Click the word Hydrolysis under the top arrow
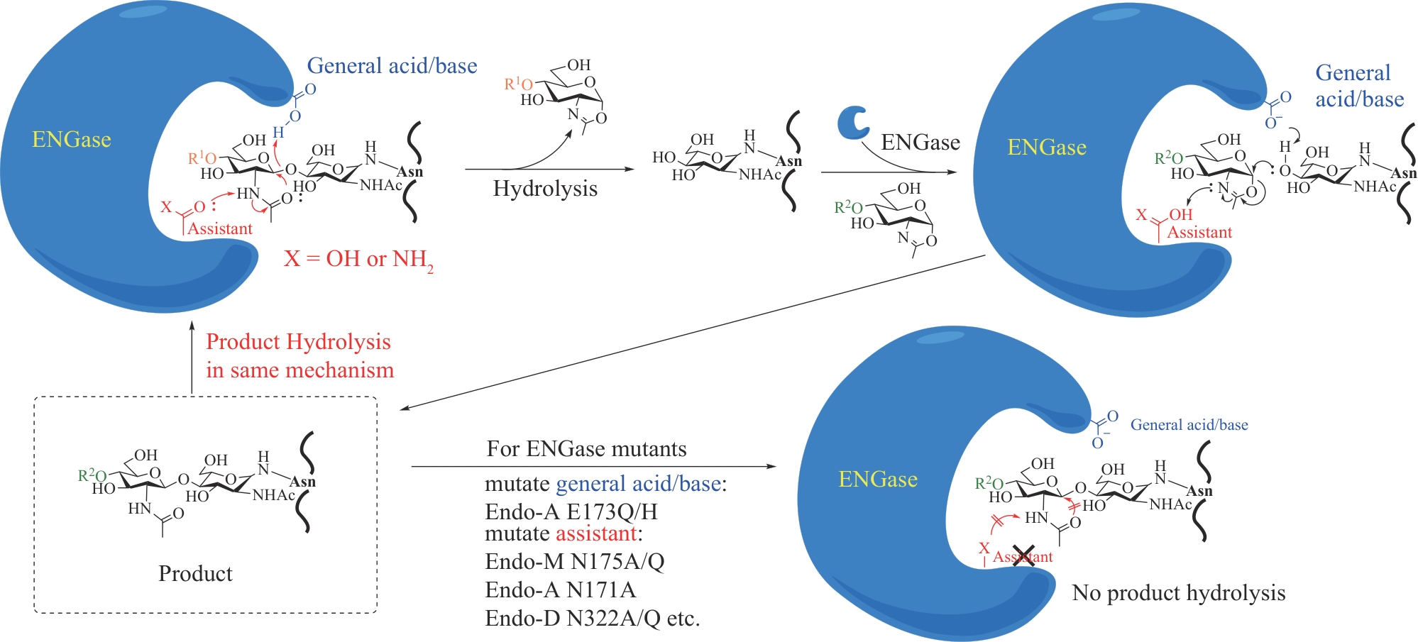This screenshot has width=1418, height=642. (x=545, y=189)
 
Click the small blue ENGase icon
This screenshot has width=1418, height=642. (x=852, y=123)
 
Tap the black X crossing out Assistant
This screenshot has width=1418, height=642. (x=1023, y=555)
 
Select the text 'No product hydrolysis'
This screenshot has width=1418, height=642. (x=1178, y=592)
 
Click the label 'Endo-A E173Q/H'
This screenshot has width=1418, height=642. (x=571, y=511)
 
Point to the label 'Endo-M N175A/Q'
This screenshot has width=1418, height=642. (x=575, y=561)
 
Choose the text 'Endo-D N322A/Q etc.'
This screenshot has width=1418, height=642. (x=592, y=618)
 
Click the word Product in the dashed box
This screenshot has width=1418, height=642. (x=195, y=573)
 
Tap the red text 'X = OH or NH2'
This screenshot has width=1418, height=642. (x=358, y=259)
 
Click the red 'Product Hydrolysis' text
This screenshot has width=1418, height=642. (x=298, y=342)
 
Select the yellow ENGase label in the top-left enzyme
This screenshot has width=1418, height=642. (x=72, y=139)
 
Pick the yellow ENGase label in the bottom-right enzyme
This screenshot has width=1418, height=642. (x=878, y=480)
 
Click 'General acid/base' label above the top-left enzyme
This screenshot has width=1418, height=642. (x=392, y=66)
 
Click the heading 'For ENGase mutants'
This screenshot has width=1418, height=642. (x=586, y=448)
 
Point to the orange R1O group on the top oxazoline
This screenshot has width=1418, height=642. (x=518, y=84)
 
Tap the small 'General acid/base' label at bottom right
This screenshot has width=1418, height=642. (x=1189, y=425)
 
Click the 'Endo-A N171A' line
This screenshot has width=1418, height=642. (x=560, y=590)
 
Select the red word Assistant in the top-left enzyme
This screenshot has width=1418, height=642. (x=220, y=228)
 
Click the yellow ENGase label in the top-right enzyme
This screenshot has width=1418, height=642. (x=1047, y=147)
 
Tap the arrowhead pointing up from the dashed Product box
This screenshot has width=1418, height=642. (x=192, y=326)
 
